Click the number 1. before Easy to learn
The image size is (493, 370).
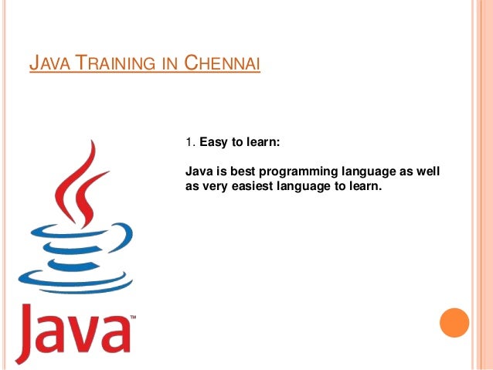[x=190, y=142]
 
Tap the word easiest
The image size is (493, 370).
[x=256, y=185]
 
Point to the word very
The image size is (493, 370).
[x=217, y=185]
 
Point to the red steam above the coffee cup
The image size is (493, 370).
[x=82, y=182]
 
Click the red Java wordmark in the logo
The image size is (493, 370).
[x=73, y=328]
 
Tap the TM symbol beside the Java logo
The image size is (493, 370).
[x=133, y=317]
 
